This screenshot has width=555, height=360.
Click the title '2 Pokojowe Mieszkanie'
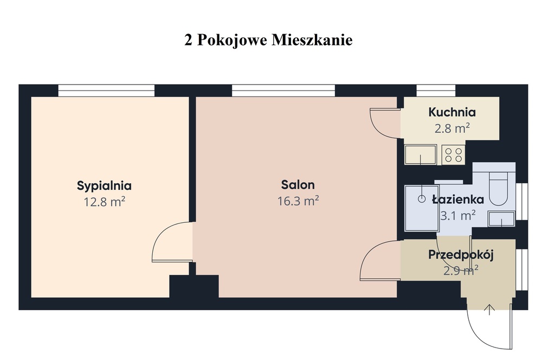(268, 41)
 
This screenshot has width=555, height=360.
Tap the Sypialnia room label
(104, 185)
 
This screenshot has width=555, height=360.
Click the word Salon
(298, 185)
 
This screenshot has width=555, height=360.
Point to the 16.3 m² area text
(298, 201)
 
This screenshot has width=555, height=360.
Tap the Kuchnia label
(451, 113)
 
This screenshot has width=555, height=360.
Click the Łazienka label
(457, 200)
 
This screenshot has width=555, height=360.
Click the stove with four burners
(454, 155)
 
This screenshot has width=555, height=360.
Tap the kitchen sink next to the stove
(421, 155)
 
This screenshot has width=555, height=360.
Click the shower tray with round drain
(421, 208)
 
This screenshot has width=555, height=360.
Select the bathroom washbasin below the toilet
(501, 219)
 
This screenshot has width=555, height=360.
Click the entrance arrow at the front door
(489, 310)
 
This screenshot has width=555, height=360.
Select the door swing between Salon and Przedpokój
(379, 260)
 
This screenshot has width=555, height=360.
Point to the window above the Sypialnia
(106, 91)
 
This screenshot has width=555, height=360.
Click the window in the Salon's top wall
(283, 91)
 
